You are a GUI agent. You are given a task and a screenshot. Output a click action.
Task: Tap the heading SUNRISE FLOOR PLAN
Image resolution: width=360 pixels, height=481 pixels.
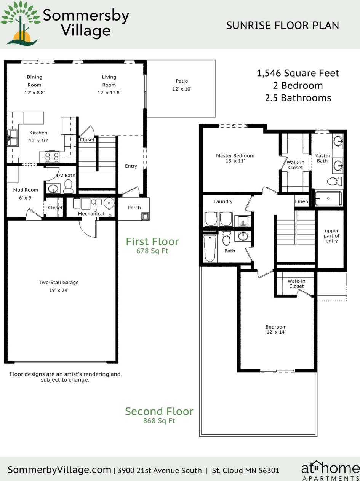tap(282, 26)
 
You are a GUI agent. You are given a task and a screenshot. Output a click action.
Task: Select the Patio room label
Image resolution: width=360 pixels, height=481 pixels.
tap(182, 81)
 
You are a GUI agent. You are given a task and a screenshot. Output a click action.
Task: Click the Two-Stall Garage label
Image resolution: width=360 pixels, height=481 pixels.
tap(59, 283)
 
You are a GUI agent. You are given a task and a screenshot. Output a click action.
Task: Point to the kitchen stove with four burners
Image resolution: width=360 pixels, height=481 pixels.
tap(52, 157)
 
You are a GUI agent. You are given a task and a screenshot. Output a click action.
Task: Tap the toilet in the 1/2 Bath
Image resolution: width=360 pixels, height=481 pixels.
tap(69, 186)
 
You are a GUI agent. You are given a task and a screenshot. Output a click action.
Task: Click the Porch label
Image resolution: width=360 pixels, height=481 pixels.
tap(134, 208)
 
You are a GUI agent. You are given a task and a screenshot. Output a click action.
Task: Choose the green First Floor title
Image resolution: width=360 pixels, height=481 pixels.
tap(152, 241)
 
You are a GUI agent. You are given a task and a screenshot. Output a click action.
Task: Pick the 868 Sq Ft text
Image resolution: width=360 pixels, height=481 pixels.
tap(159, 421)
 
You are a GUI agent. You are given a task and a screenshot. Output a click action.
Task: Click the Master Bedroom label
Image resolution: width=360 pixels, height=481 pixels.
tap(235, 155)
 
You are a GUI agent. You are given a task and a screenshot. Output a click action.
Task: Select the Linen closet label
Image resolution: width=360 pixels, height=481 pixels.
tap(301, 201)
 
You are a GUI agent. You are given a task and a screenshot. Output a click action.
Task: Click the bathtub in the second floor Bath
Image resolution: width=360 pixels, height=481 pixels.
tap(210, 248)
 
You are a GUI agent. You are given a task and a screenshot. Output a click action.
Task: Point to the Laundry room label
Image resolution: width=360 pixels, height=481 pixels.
tap(223, 201)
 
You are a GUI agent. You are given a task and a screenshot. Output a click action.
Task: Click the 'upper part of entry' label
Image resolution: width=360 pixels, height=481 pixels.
tap(331, 236)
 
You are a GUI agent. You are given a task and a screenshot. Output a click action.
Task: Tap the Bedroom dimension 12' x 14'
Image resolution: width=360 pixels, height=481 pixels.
tap(276, 332)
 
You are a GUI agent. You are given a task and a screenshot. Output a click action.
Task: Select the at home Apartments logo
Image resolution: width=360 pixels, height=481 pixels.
tap(330, 470)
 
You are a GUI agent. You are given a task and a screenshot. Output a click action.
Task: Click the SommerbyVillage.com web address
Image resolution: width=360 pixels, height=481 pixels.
tap(59, 470)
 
